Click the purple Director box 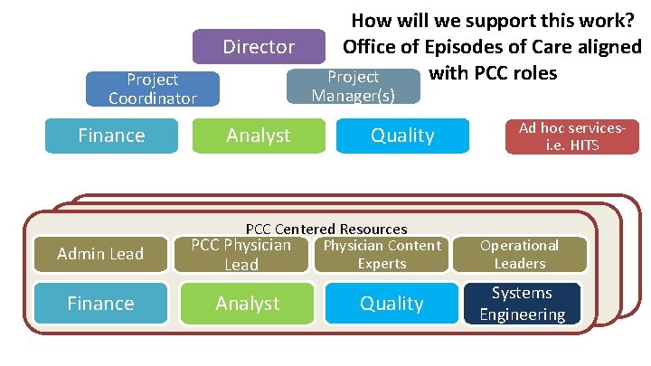coord(259,46)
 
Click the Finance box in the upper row coord(111,136)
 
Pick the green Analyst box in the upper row coord(259,136)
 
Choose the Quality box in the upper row coord(402,136)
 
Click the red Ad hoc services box coord(572,136)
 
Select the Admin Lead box coord(100,254)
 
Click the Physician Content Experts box coord(382,254)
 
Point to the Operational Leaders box coord(519,254)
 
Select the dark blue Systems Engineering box coord(522,304)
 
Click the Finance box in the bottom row coord(100,304)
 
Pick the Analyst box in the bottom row coord(247,304)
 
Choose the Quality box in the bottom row coord(392,304)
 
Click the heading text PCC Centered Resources coord(326,230)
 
